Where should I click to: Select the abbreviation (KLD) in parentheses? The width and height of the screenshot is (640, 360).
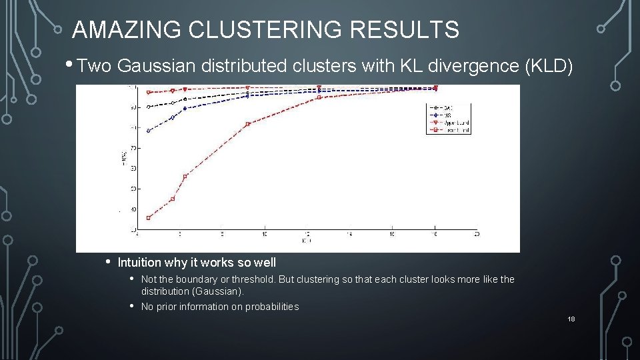[x=549, y=65]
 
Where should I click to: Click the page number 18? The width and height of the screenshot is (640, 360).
[x=571, y=319]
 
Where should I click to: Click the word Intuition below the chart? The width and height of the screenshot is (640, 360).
[x=140, y=263]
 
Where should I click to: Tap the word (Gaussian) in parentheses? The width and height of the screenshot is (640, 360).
[x=217, y=291]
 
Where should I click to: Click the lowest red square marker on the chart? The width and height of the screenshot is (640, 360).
[x=149, y=217]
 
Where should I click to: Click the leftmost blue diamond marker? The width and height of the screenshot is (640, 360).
[x=149, y=131]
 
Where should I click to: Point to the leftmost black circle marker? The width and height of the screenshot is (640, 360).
[x=149, y=107]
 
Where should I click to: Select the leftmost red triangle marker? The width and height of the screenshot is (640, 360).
[x=149, y=93]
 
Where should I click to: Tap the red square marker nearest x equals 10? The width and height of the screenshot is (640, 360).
[x=247, y=124]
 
